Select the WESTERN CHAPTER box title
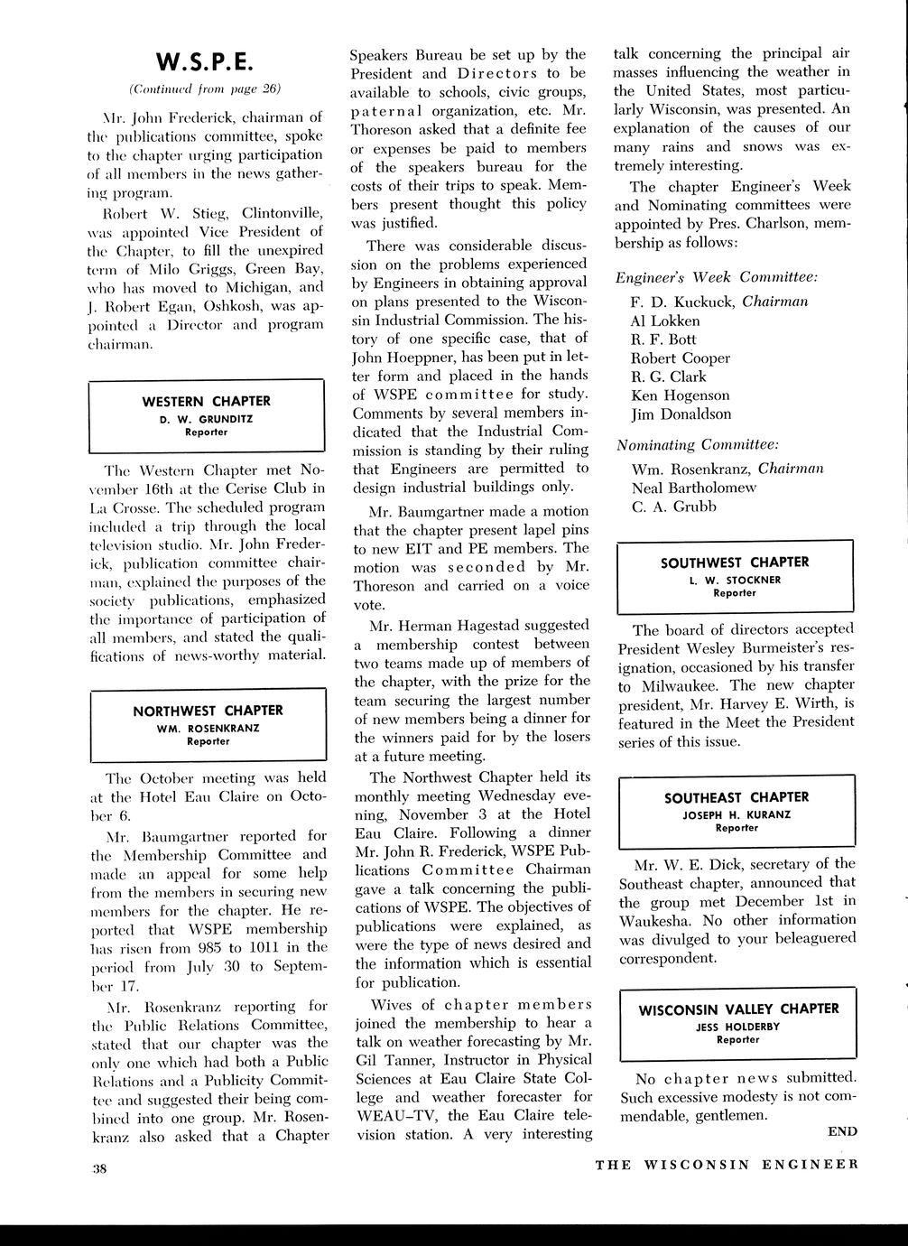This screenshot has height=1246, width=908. point(207,401)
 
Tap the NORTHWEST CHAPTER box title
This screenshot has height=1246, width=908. point(208,711)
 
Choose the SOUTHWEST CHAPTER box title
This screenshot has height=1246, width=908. point(735,562)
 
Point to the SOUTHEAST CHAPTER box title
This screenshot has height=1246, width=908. point(737,797)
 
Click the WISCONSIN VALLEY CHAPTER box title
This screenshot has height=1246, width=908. point(738,1009)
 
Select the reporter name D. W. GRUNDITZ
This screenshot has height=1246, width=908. point(207,418)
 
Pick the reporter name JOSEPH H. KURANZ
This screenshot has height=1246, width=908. point(737,814)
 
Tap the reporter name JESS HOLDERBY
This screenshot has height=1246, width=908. point(737,1026)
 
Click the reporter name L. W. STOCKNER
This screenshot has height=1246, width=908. point(735,579)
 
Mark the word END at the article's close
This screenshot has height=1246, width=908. point(841,1131)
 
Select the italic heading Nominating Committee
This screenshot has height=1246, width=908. point(698,445)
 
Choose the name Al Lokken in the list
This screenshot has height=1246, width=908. point(665,321)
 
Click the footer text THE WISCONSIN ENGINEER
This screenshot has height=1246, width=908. point(726,1164)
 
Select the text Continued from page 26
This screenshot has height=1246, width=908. point(206,88)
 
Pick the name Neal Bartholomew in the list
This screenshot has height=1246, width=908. point(693,488)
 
